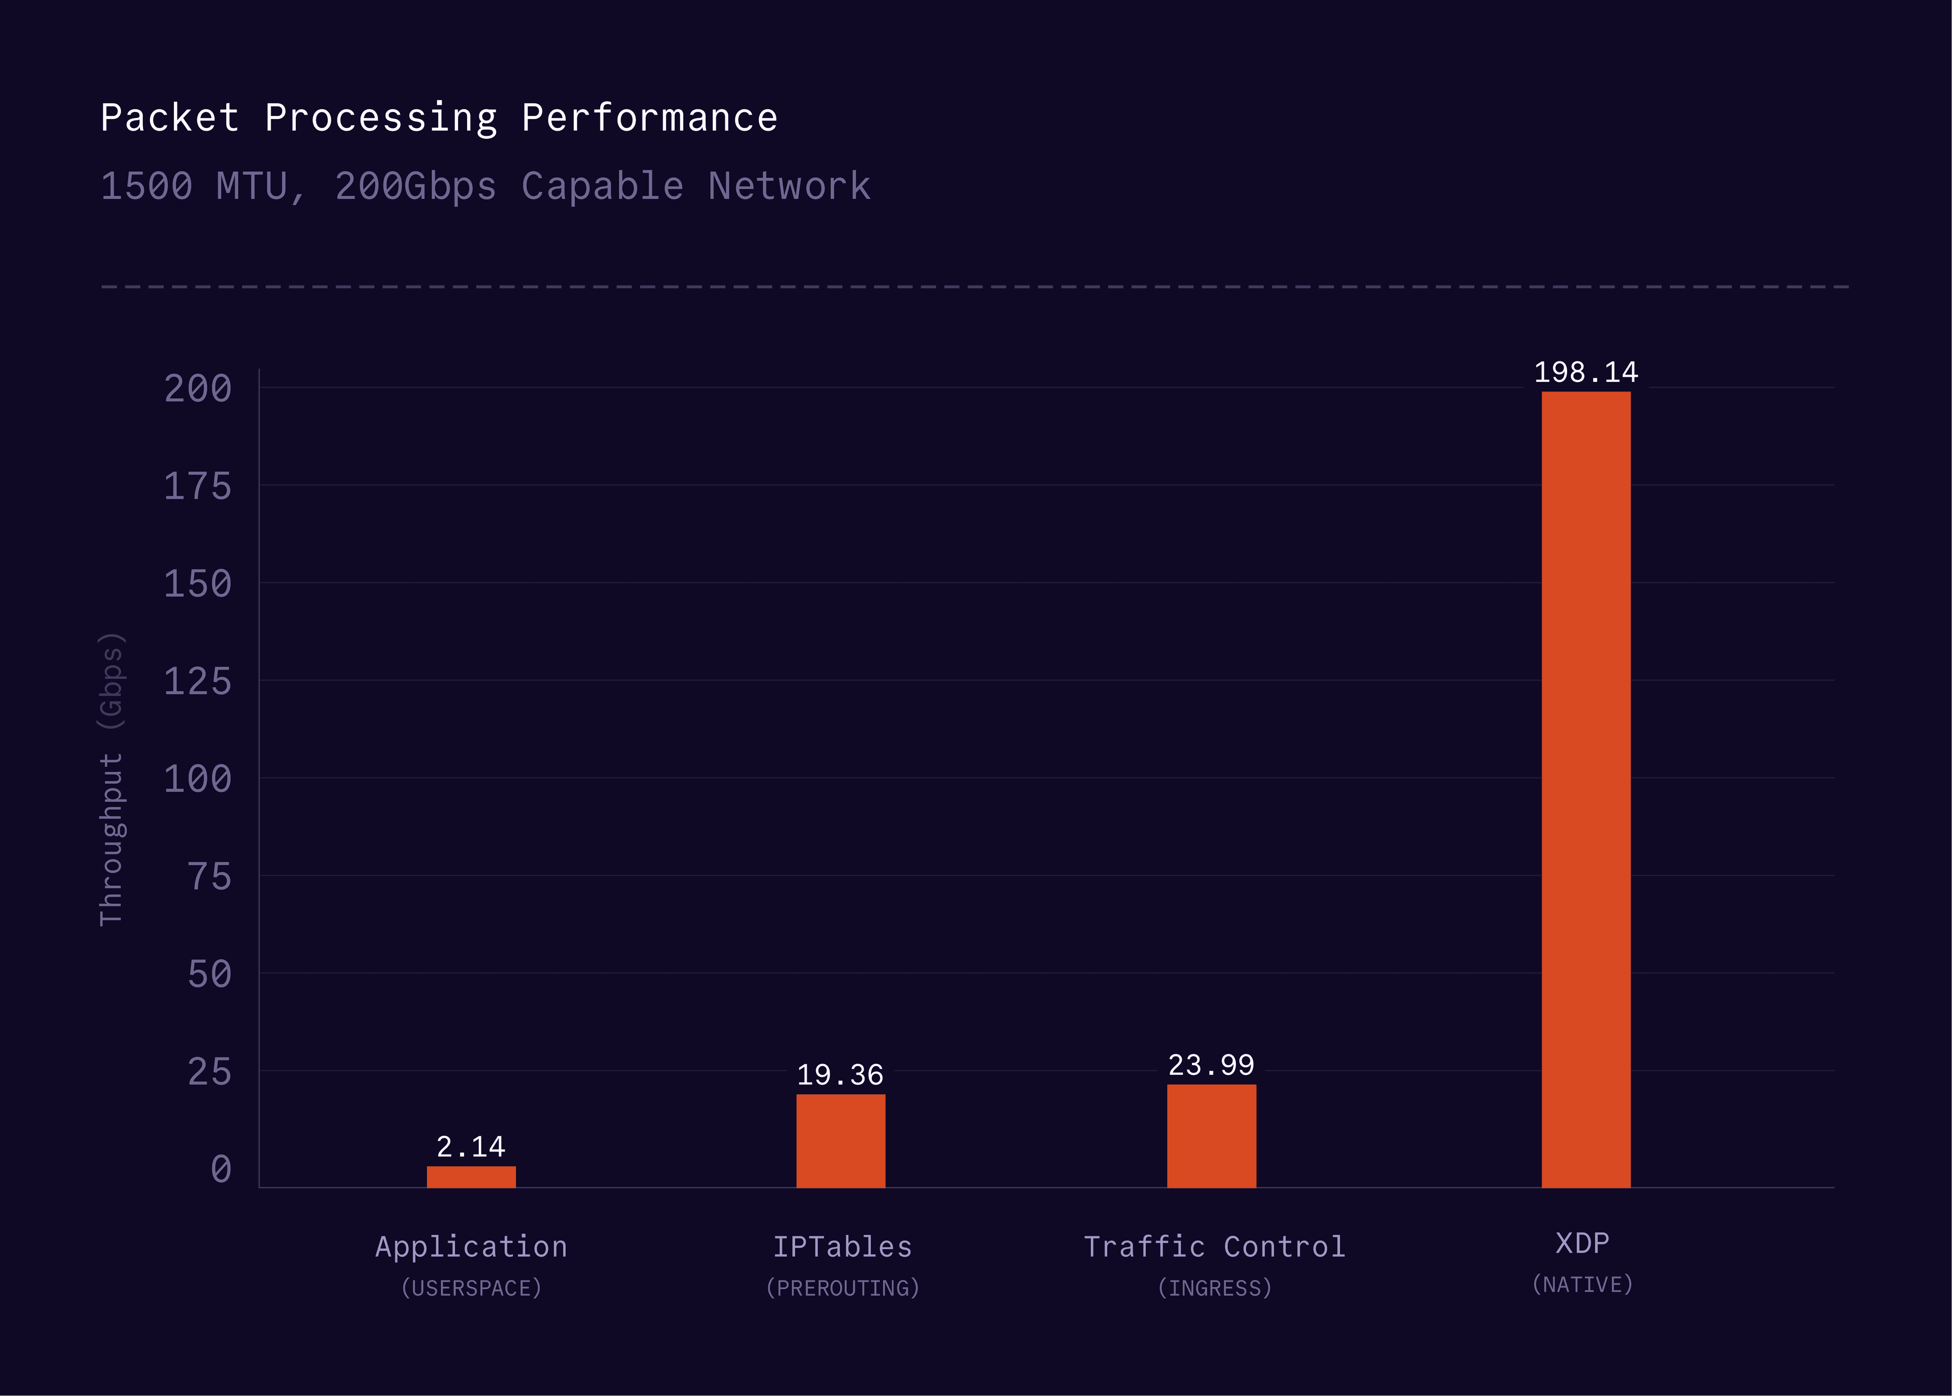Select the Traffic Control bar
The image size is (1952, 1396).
point(1211,1136)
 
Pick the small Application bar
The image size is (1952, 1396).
point(471,1177)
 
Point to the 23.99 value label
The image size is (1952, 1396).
point(1211,1065)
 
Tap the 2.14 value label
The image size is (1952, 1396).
point(471,1147)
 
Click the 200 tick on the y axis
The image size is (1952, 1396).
point(198,388)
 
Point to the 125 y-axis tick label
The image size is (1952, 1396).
point(198,682)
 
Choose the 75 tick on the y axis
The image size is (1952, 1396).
point(210,877)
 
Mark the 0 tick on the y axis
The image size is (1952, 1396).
point(221,1169)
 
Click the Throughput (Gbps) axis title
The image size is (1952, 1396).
point(112,779)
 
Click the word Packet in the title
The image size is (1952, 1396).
point(169,118)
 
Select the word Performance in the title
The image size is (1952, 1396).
point(650,118)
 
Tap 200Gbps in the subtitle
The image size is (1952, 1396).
point(415,187)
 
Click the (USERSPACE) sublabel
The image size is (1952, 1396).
point(471,1288)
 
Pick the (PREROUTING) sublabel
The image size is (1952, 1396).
point(842,1288)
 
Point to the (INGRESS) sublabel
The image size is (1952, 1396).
point(1214,1288)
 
